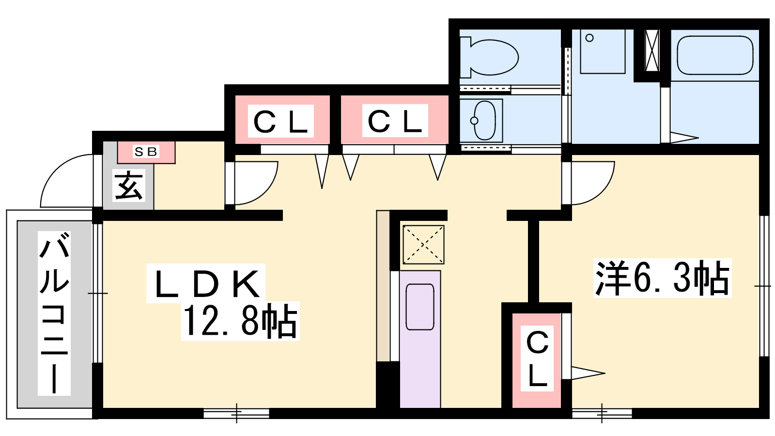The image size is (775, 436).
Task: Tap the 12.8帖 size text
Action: coord(240,321)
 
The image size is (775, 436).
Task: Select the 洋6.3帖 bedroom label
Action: coord(662,278)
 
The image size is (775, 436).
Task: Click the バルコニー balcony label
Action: coord(54,312)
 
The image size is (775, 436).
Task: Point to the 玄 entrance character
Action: coord(129,186)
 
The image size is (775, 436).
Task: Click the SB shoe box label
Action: coord(146,152)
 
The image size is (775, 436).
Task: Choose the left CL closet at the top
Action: coord(281,121)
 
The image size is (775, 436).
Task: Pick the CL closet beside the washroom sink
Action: coord(395,121)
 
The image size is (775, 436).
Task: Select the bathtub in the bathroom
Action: coord(715,55)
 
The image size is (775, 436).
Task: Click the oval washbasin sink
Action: coord(483,120)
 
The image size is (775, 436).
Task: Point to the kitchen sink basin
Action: coord(420,307)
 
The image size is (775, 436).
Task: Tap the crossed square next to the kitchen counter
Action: coord(423,245)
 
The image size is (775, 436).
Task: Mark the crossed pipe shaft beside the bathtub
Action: coord(652,50)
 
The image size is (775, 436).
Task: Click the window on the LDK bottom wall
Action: coord(236,413)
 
